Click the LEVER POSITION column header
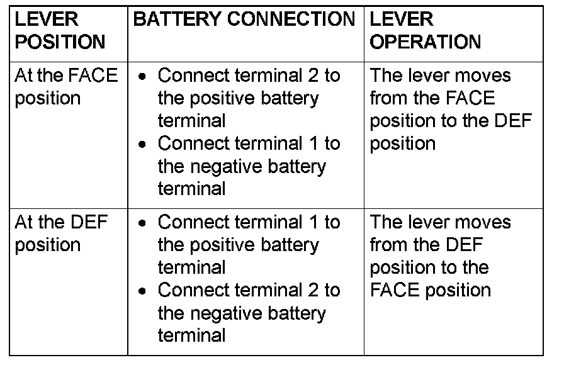(60, 31)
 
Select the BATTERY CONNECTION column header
(244, 20)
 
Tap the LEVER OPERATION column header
(425, 31)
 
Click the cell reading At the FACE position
(65, 87)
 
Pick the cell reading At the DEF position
(61, 233)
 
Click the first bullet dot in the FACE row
(144, 77)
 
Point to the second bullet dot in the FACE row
(144, 145)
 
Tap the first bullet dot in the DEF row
(144, 223)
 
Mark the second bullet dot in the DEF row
(144, 291)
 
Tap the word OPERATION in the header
(425, 42)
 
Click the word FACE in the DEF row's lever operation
(394, 290)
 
